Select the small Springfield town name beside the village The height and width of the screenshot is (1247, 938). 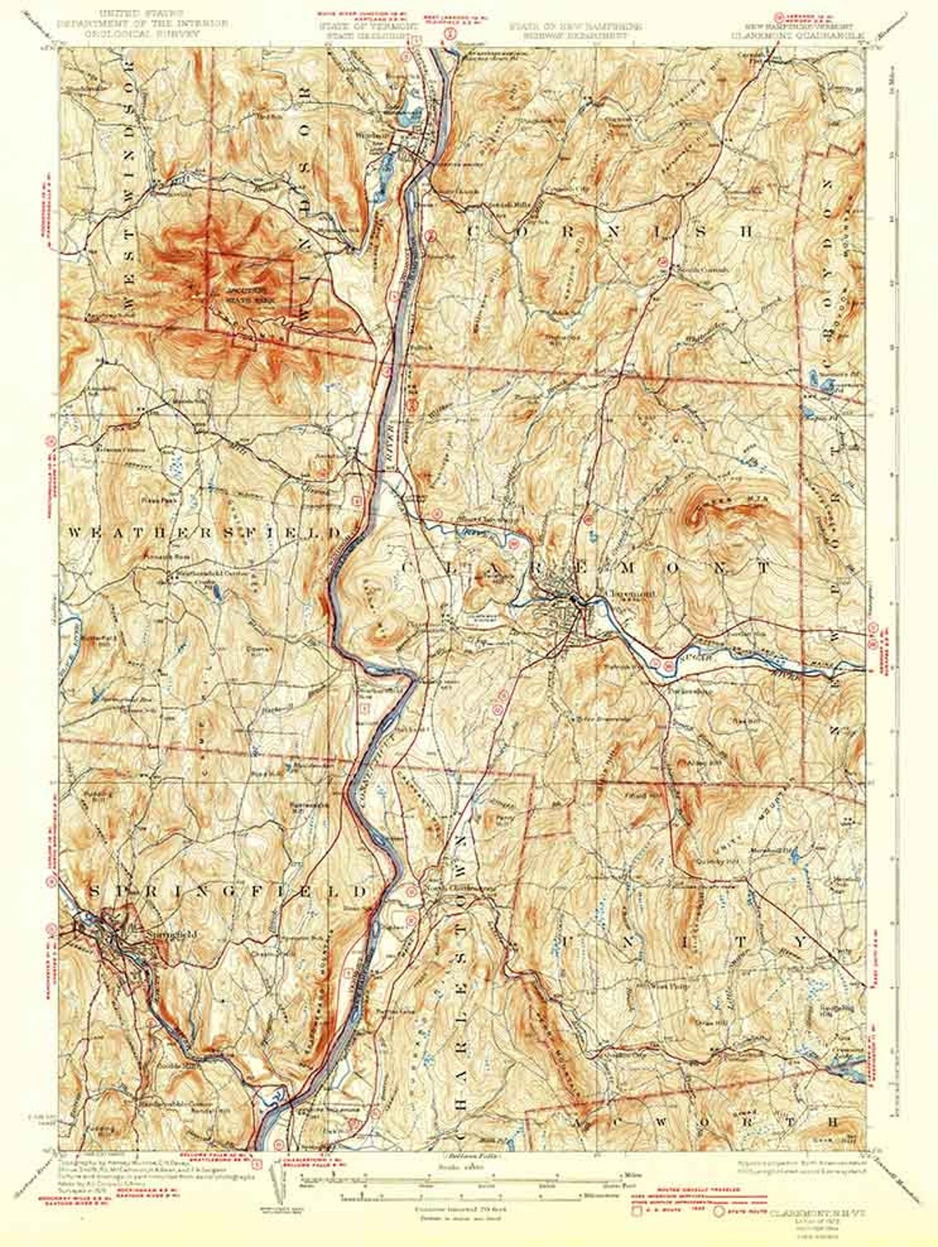[151, 934]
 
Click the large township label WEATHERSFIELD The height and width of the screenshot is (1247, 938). [206, 533]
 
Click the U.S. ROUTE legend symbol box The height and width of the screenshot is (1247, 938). [635, 1210]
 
